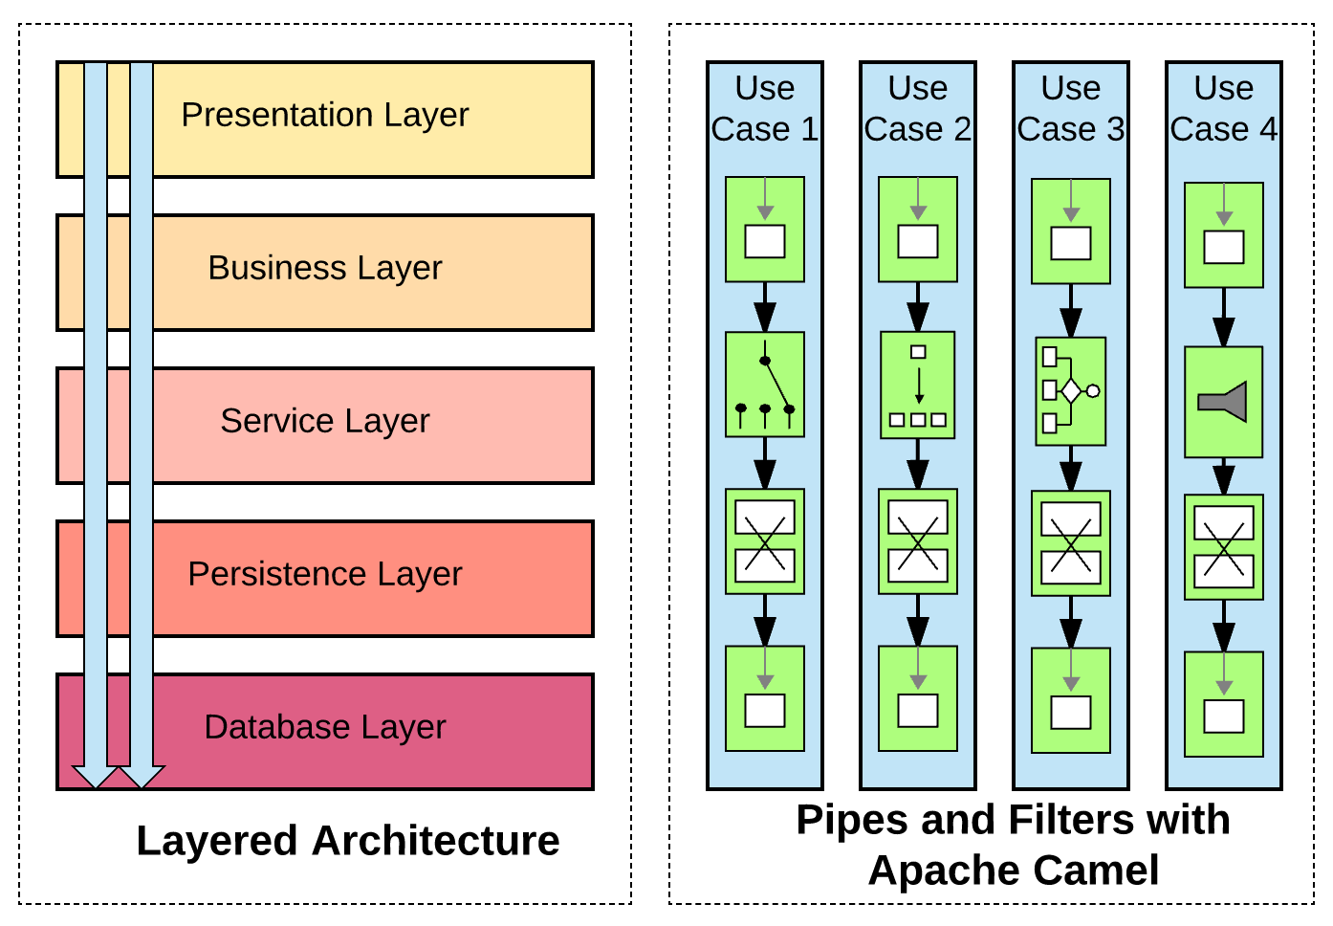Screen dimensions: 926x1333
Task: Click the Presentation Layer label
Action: (324, 115)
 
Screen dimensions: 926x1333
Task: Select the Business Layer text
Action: (324, 268)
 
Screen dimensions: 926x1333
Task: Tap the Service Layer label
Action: (324, 421)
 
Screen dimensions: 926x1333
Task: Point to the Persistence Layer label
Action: (324, 574)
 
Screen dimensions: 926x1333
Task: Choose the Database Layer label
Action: (324, 727)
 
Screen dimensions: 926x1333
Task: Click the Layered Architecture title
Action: (347, 841)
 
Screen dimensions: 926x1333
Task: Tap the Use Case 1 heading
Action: (764, 108)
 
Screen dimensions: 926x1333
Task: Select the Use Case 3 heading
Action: (1070, 108)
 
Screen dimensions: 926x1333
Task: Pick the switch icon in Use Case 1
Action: (764, 385)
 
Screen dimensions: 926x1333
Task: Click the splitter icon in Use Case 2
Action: (917, 385)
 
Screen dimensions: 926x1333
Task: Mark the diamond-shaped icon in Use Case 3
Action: (1070, 391)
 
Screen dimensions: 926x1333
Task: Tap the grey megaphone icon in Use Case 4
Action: (1223, 402)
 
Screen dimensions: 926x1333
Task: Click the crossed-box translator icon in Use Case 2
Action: (917, 541)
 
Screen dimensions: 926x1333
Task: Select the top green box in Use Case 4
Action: (1223, 235)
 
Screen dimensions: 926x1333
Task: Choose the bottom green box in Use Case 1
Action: (764, 698)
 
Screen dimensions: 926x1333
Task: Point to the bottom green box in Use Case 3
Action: (1070, 700)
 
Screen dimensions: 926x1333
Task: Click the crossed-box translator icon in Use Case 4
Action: (1223, 547)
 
